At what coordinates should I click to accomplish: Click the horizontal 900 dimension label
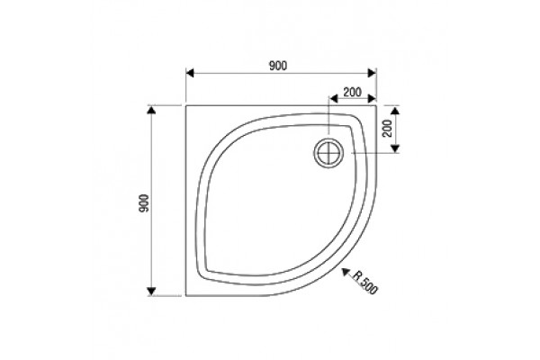click(x=277, y=66)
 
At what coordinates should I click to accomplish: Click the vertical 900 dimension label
click(x=144, y=203)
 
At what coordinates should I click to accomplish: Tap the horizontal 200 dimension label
click(x=352, y=92)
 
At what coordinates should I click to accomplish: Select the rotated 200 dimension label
click(x=388, y=128)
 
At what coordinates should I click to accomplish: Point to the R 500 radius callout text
click(x=364, y=283)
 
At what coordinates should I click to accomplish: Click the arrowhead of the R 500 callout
click(x=346, y=273)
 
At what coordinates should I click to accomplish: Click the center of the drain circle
click(x=328, y=153)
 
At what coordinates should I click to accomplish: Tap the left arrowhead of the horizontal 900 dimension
click(x=190, y=73)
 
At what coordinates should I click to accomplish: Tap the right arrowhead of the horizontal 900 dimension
click(x=372, y=73)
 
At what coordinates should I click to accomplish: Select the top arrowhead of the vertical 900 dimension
click(x=151, y=110)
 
